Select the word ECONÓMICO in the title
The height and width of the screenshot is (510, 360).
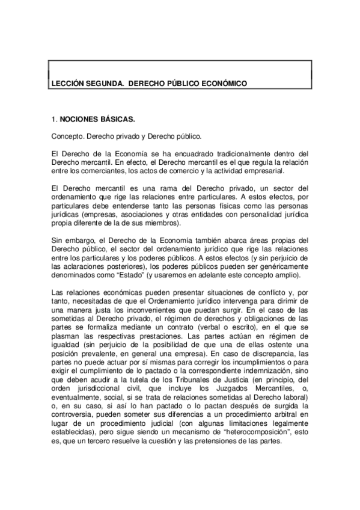pos(219,83)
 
